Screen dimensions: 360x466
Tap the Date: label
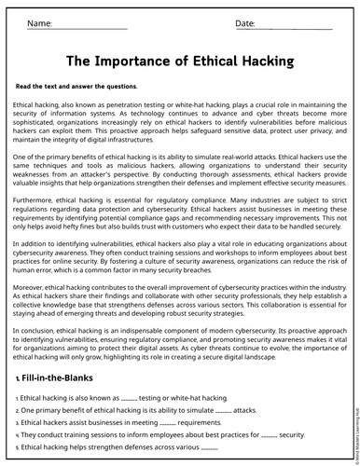[x=245, y=21]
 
